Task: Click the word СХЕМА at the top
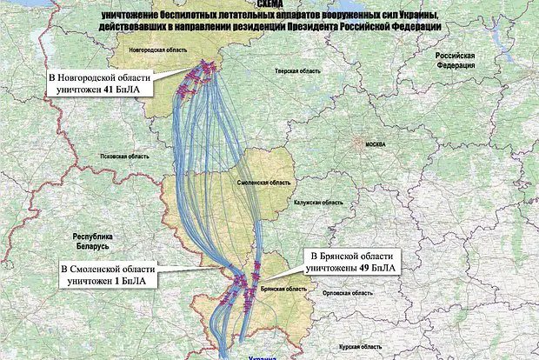(269, 4)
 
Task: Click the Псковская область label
(125, 156)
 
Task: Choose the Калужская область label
(318, 202)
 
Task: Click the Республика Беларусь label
(93, 241)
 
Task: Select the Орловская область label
(345, 293)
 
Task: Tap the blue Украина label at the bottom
(261, 357)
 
